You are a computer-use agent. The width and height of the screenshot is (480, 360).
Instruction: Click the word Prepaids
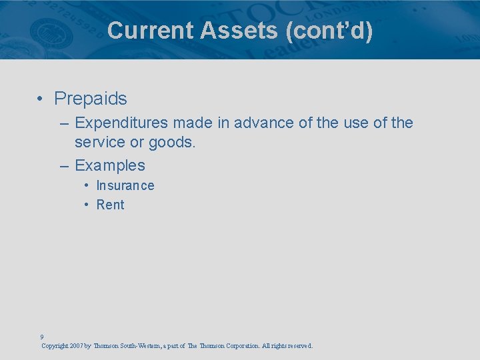(x=91, y=99)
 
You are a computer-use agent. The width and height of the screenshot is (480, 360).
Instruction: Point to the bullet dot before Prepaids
(x=41, y=99)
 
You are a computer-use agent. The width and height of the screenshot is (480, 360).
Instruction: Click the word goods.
(x=176, y=142)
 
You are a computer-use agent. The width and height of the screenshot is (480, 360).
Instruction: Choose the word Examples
(x=110, y=165)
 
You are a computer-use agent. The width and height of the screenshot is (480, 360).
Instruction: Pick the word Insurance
(x=125, y=185)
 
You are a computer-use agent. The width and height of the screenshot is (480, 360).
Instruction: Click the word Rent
(x=111, y=205)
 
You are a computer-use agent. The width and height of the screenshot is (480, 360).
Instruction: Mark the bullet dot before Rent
(x=87, y=205)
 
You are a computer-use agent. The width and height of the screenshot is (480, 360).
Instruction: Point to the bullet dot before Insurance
(x=87, y=185)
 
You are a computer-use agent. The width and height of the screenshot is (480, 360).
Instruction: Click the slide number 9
(x=42, y=337)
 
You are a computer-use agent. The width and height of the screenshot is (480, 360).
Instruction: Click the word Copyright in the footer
(x=53, y=346)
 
